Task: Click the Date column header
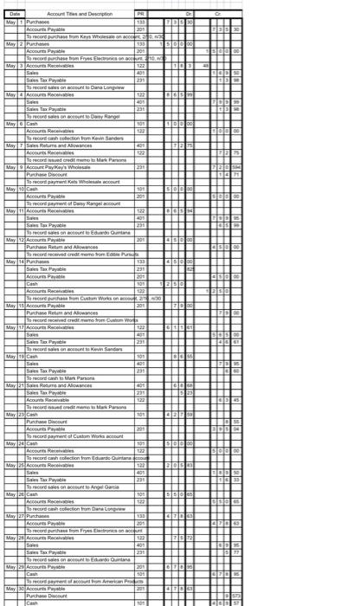[12, 14]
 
